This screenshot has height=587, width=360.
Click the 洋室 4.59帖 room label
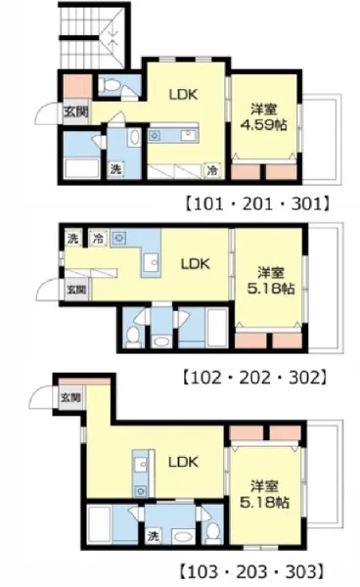264,117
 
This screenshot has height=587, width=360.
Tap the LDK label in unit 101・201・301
183,94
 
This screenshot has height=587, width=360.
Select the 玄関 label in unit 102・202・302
76,290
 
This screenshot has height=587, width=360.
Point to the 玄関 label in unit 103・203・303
70,397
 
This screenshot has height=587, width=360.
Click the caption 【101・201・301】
258,204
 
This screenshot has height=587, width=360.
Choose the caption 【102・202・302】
255,378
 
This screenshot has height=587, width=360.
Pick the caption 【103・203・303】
251,571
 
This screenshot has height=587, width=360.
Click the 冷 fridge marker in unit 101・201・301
212,170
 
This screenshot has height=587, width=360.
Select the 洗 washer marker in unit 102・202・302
73,238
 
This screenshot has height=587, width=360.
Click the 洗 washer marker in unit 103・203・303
153,536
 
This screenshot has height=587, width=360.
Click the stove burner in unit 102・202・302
118,238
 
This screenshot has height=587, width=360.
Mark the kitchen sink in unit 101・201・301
188,135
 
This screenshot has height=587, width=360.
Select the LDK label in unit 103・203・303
183,462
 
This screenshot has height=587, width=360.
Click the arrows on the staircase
113,37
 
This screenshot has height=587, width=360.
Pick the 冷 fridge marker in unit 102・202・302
99,238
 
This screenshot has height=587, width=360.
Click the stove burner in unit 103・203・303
141,490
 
